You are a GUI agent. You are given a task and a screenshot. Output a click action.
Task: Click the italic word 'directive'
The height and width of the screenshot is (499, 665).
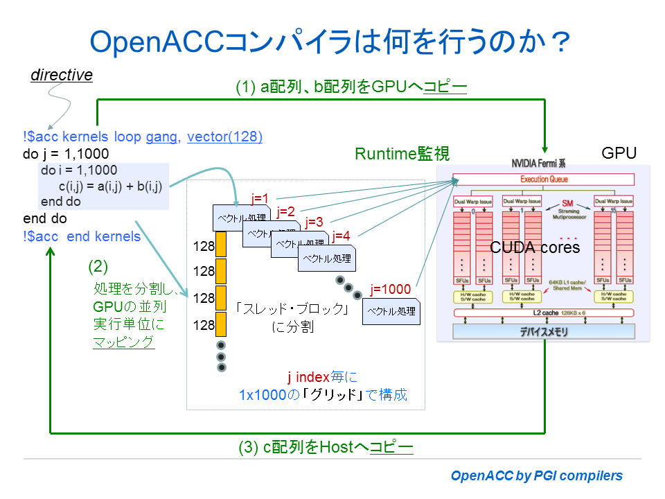(62, 75)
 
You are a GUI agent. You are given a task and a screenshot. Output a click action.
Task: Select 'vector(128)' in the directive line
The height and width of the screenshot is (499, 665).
(224, 137)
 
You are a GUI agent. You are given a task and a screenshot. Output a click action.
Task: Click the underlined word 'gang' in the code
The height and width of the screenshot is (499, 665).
(161, 137)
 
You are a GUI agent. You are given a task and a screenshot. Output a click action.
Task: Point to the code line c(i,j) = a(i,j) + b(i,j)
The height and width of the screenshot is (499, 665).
(110, 186)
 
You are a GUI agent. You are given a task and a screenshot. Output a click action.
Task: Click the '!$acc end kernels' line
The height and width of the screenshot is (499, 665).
(82, 236)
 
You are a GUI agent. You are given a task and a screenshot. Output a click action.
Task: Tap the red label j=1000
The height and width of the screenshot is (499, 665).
(391, 290)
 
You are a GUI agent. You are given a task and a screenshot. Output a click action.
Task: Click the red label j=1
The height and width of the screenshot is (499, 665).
(260, 199)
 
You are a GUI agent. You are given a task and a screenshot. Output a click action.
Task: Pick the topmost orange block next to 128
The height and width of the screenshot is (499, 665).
(222, 244)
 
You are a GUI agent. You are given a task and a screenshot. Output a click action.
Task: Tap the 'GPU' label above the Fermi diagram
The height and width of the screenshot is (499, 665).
(619, 153)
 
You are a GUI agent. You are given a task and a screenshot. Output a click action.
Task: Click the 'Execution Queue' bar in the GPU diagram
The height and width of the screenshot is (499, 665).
(543, 180)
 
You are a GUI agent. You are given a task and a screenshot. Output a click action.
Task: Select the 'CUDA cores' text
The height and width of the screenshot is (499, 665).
(535, 247)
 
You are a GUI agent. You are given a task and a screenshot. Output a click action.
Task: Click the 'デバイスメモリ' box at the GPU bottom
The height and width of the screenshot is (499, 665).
(543, 331)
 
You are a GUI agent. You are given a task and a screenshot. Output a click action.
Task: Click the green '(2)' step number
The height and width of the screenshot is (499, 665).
(98, 265)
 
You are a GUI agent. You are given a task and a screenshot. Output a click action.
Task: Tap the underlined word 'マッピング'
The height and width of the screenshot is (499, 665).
(124, 342)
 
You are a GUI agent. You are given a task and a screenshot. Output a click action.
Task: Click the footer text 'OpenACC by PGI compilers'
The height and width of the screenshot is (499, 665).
(536, 475)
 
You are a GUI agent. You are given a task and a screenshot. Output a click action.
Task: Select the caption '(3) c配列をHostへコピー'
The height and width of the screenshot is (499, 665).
(326, 448)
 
